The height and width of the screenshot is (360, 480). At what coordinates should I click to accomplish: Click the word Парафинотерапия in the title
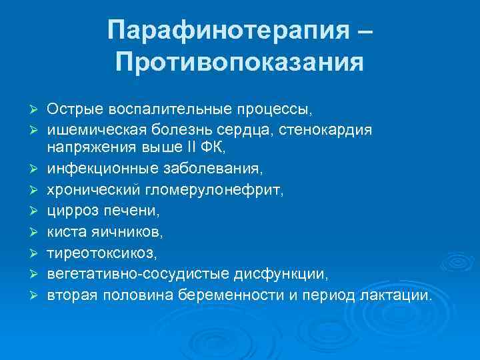point(227,30)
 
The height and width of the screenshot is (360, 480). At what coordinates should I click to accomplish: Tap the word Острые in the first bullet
point(69,108)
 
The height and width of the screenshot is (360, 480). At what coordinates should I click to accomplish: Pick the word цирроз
point(67,211)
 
